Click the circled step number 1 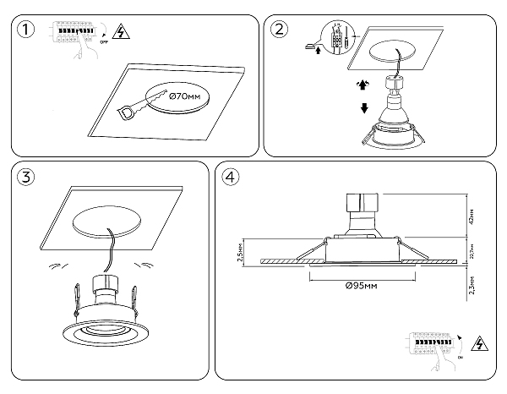click(x=27, y=30)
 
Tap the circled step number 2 click(x=279, y=30)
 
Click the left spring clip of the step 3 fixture click(x=76, y=296)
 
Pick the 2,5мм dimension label click(x=243, y=254)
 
